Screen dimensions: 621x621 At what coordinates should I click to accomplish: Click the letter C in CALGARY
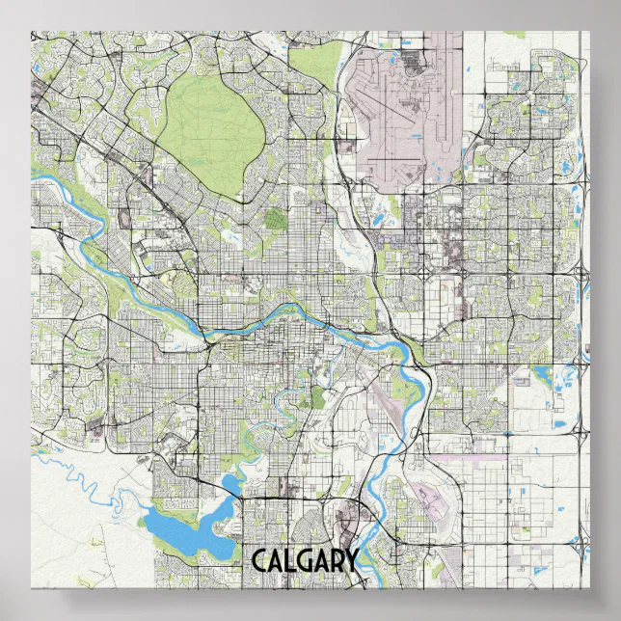pos(258,561)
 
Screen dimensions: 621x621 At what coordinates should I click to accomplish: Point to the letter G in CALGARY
pos(303,561)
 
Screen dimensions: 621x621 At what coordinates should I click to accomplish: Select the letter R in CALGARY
pos(335,561)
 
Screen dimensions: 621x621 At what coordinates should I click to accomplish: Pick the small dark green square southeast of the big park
pos(276,220)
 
